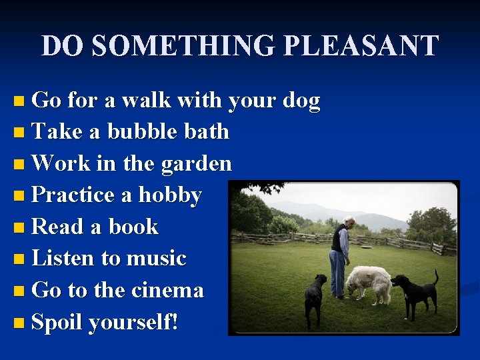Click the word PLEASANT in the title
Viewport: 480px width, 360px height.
pos(361,46)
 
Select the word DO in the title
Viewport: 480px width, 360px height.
pos(62,46)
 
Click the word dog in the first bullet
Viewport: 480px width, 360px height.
pos(301,101)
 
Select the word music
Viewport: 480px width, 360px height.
pos(159,258)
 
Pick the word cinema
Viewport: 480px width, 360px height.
pos(167,290)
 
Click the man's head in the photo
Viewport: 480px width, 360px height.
pos(349,222)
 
